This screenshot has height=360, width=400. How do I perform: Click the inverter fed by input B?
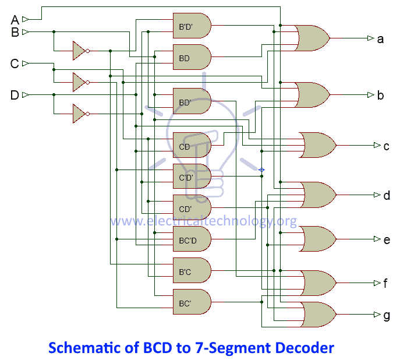80,51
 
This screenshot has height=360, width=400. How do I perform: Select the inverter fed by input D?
80,114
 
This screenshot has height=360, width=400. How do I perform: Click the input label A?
15,19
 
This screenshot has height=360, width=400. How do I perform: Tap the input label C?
15,63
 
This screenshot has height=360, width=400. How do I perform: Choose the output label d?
386,195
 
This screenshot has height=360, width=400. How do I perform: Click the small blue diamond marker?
261,170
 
